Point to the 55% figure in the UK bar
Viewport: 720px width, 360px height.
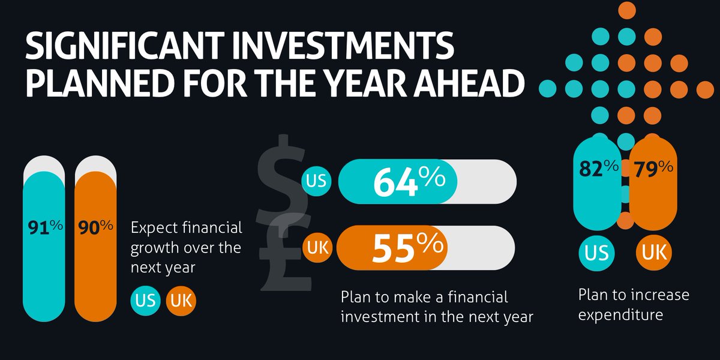[407, 248]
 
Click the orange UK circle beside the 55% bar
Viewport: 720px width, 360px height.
[317, 248]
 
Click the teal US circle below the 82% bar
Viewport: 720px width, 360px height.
[596, 253]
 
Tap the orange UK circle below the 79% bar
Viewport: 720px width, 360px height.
[653, 253]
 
